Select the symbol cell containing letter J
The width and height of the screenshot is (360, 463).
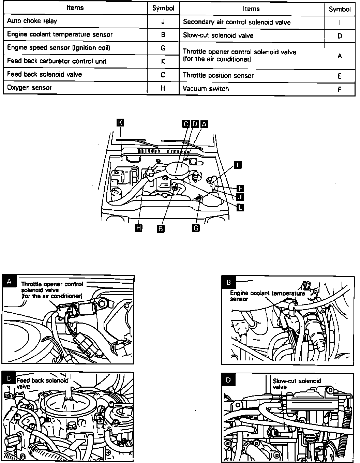coord(163,21)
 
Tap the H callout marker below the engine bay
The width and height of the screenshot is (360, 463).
coord(138,228)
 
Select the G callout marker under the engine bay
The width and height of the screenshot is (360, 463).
coord(196,228)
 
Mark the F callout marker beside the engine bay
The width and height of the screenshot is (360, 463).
coord(240,188)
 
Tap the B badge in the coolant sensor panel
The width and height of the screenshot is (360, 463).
coord(229,282)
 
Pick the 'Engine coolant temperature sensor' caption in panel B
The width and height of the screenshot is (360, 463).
coord(267,296)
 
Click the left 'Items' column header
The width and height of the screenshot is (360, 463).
coord(75,8)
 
